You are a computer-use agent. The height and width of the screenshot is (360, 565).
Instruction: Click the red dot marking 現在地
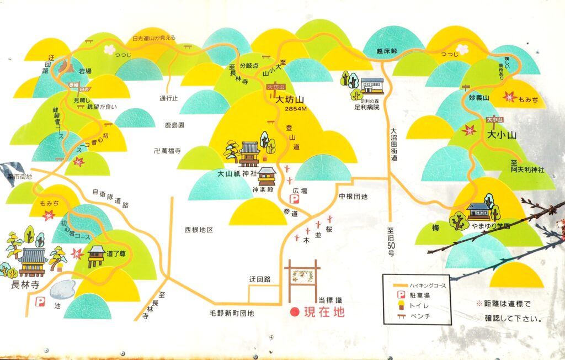pos(295,312)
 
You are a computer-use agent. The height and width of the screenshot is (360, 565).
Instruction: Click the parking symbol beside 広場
pos(295,199)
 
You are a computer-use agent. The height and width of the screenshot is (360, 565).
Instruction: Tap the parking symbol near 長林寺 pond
pos(40,301)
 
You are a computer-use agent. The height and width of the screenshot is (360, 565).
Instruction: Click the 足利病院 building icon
pos(372,86)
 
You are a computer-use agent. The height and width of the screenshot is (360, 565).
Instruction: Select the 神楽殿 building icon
pos(266,176)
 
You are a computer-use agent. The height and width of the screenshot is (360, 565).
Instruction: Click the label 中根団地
pos(353,196)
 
